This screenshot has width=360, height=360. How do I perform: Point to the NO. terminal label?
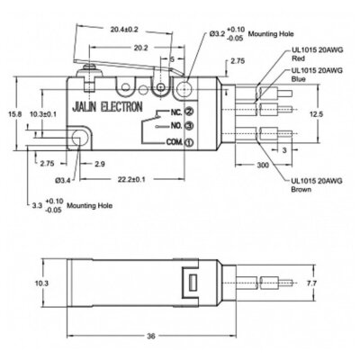(164, 126)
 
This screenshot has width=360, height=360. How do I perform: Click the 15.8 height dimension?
(9, 114)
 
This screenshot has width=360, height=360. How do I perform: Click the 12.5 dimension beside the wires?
(310, 114)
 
